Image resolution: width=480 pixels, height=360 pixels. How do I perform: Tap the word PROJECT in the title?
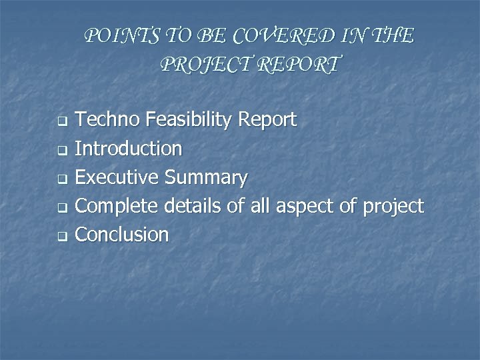pos(197,65)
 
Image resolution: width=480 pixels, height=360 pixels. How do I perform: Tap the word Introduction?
pos(128,149)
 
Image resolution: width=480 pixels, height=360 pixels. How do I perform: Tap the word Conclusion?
pos(122,235)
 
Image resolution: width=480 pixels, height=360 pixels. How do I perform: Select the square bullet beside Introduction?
pos(61,151)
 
